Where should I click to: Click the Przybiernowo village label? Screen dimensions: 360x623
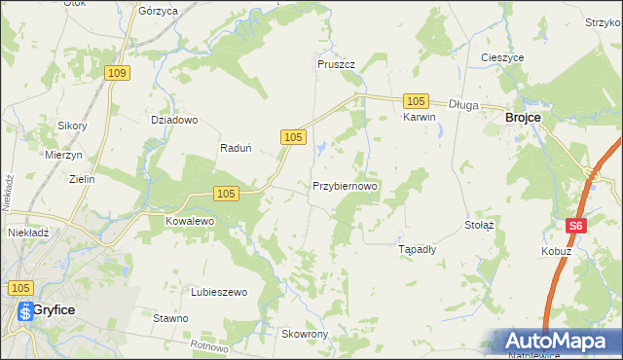click(345, 185)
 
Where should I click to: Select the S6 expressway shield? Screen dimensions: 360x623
click(576, 226)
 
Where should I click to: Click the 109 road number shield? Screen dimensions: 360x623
click(118, 73)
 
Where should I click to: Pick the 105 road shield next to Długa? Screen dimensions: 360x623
click(416, 101)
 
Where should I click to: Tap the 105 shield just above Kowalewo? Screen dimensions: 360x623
click(224, 194)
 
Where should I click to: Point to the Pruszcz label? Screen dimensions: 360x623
click(336, 64)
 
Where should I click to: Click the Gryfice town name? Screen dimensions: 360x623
click(55, 309)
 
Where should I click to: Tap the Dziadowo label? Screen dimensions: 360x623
click(174, 121)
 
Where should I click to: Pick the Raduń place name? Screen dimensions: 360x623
click(237, 149)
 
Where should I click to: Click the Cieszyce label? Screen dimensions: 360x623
click(503, 57)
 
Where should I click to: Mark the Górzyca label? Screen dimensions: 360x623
click(158, 11)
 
